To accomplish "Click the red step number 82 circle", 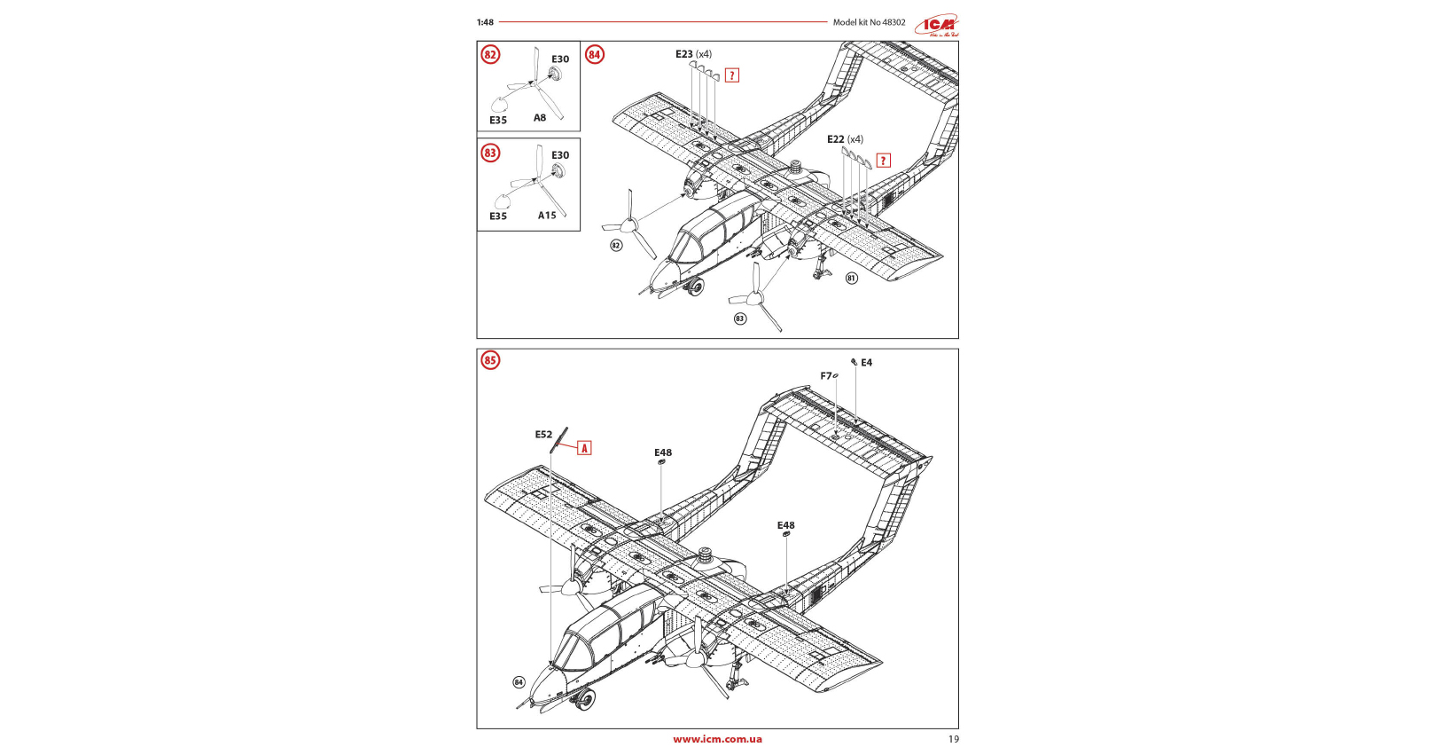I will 490,55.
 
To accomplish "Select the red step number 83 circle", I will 490,153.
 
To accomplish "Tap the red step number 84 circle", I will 594,55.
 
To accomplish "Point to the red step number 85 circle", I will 490,360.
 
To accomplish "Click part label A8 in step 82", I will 540,118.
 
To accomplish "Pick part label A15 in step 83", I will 547,216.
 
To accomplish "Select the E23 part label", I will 684,54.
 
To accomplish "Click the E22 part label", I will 836,139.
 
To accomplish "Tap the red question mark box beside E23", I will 732,75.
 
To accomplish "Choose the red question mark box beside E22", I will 883,161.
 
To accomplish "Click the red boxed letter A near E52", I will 584,448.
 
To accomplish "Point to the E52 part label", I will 543,435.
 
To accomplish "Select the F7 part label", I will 826,376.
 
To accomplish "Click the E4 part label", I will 866,363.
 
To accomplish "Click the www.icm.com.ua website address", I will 717,739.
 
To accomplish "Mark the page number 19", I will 953,739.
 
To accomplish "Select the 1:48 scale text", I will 485,22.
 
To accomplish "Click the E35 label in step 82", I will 498,121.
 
